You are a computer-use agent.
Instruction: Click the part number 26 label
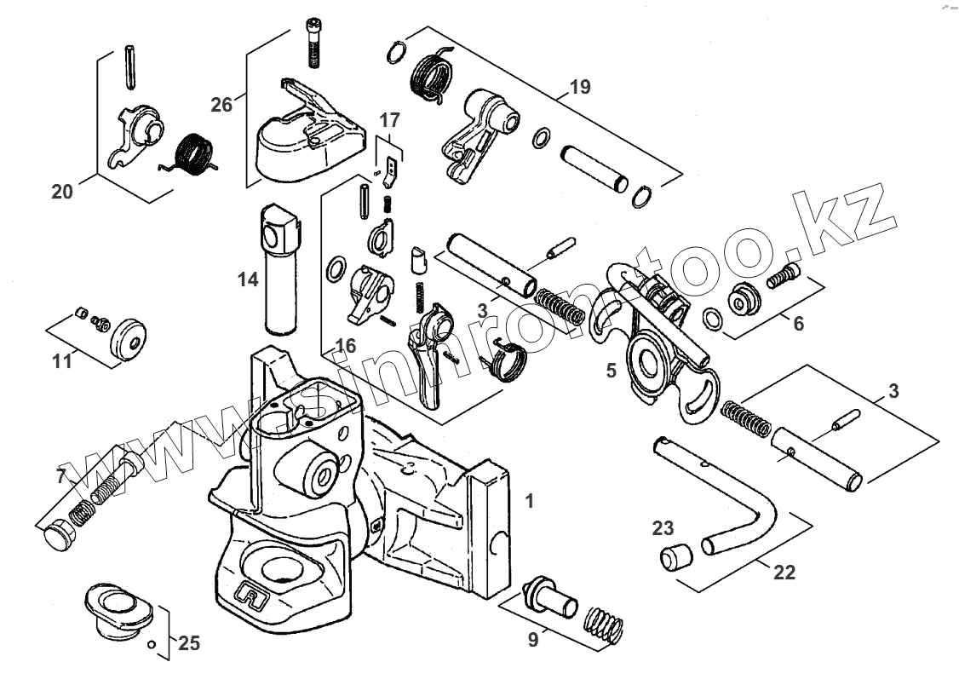click(x=221, y=105)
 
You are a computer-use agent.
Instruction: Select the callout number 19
click(x=580, y=87)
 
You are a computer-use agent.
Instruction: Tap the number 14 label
click(x=248, y=279)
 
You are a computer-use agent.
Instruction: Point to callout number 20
click(x=62, y=192)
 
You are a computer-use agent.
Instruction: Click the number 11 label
click(x=62, y=360)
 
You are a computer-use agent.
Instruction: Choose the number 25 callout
click(x=189, y=643)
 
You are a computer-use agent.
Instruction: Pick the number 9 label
click(x=533, y=640)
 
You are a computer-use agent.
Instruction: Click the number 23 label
click(x=663, y=527)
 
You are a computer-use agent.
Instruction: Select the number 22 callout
click(x=784, y=573)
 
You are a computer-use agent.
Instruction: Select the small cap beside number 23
click(x=674, y=558)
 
